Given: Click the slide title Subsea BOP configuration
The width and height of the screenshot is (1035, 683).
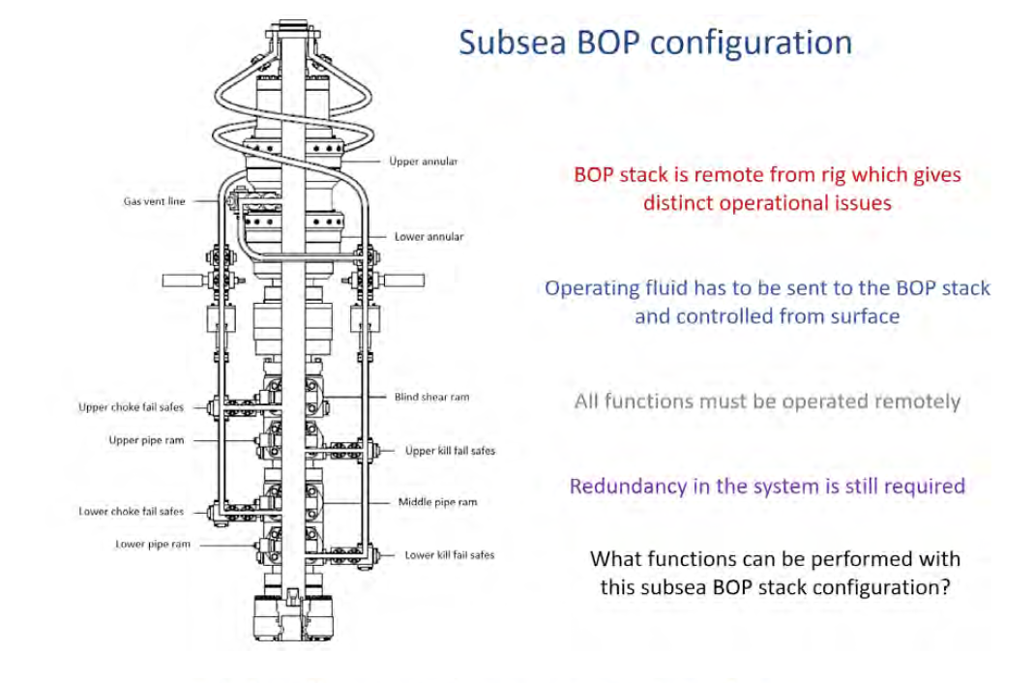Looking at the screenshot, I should coord(655,43).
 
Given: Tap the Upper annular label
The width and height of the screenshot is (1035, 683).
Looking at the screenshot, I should coord(423,162).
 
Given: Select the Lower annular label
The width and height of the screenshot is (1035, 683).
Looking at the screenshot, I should coord(429,237).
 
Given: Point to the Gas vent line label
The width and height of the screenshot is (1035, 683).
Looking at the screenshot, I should coord(154,202).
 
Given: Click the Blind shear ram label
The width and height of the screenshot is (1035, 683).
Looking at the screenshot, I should coord(431,397).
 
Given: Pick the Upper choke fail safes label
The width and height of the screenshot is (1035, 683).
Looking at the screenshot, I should coord(131,407).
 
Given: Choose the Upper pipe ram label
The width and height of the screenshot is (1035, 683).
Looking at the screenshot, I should coord(146,441).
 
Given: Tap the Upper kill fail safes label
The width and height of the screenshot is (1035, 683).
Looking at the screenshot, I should coord(450,451).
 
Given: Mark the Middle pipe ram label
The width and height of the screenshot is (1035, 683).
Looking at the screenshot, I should coord(437,502).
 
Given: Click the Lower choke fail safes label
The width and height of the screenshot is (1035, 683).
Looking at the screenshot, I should coord(131,512).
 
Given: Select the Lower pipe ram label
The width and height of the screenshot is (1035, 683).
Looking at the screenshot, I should coord(153,545).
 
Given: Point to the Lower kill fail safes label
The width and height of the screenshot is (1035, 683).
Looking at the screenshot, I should coord(449,555).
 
